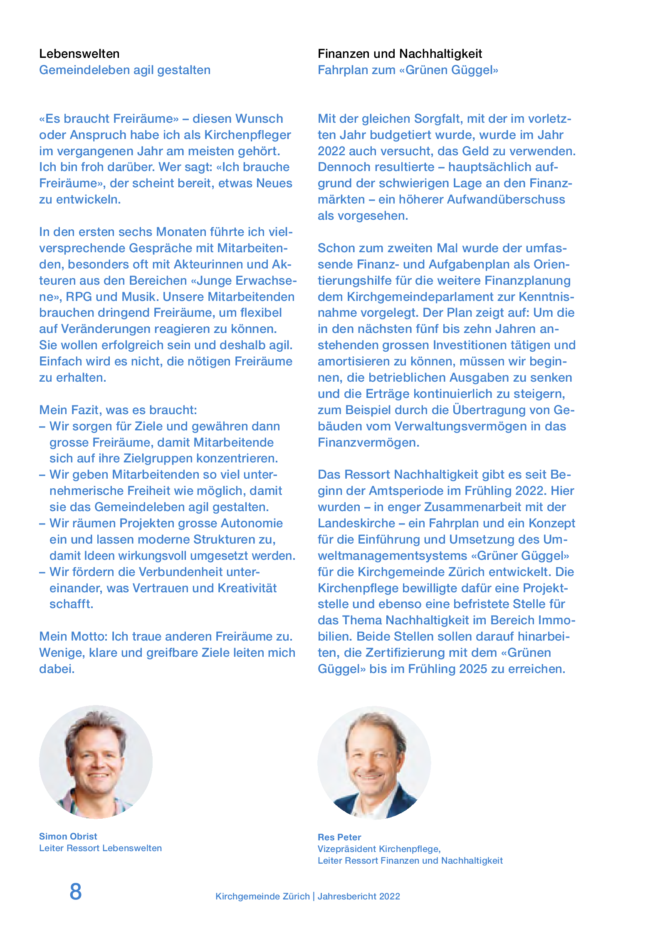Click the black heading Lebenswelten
79,54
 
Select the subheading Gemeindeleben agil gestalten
125,70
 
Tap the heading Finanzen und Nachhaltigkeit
400,54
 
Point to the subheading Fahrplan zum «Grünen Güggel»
408,70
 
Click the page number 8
76,892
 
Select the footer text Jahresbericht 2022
358,896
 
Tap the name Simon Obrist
68,836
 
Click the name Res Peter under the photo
339,837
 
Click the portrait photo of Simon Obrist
96,762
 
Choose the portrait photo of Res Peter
374,763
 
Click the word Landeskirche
356,523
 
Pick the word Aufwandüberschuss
506,199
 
